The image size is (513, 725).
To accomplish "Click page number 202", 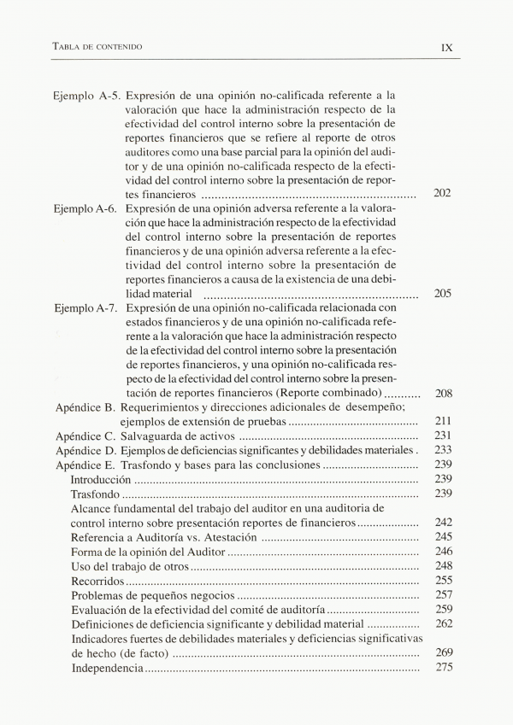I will pos(442,194).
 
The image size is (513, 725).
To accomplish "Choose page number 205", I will pos(442,293).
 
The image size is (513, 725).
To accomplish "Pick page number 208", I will pos(442,393).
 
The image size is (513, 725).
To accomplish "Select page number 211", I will pos(442,422).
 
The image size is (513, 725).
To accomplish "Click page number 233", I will pos(442,450).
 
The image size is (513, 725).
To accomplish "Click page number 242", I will pos(442,522).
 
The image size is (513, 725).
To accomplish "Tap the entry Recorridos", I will pos(98,580).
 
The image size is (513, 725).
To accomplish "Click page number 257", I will pos(442,594).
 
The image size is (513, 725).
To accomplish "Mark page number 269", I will pos(442,652).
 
